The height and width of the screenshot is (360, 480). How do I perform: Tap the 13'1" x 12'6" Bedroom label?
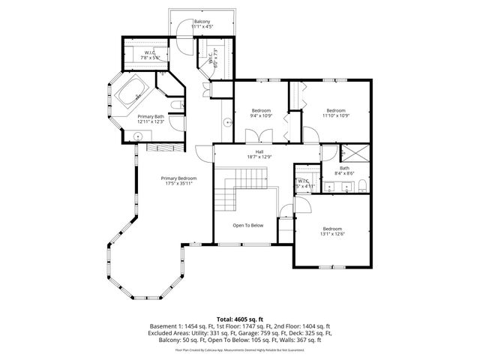[332, 231]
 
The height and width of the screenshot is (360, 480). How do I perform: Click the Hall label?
[259, 154]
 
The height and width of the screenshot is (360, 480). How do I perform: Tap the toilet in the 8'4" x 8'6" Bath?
[361, 186]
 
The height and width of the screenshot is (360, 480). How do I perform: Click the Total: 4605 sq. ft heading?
[239, 319]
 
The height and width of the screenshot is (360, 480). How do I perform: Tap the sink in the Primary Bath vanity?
[138, 136]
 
